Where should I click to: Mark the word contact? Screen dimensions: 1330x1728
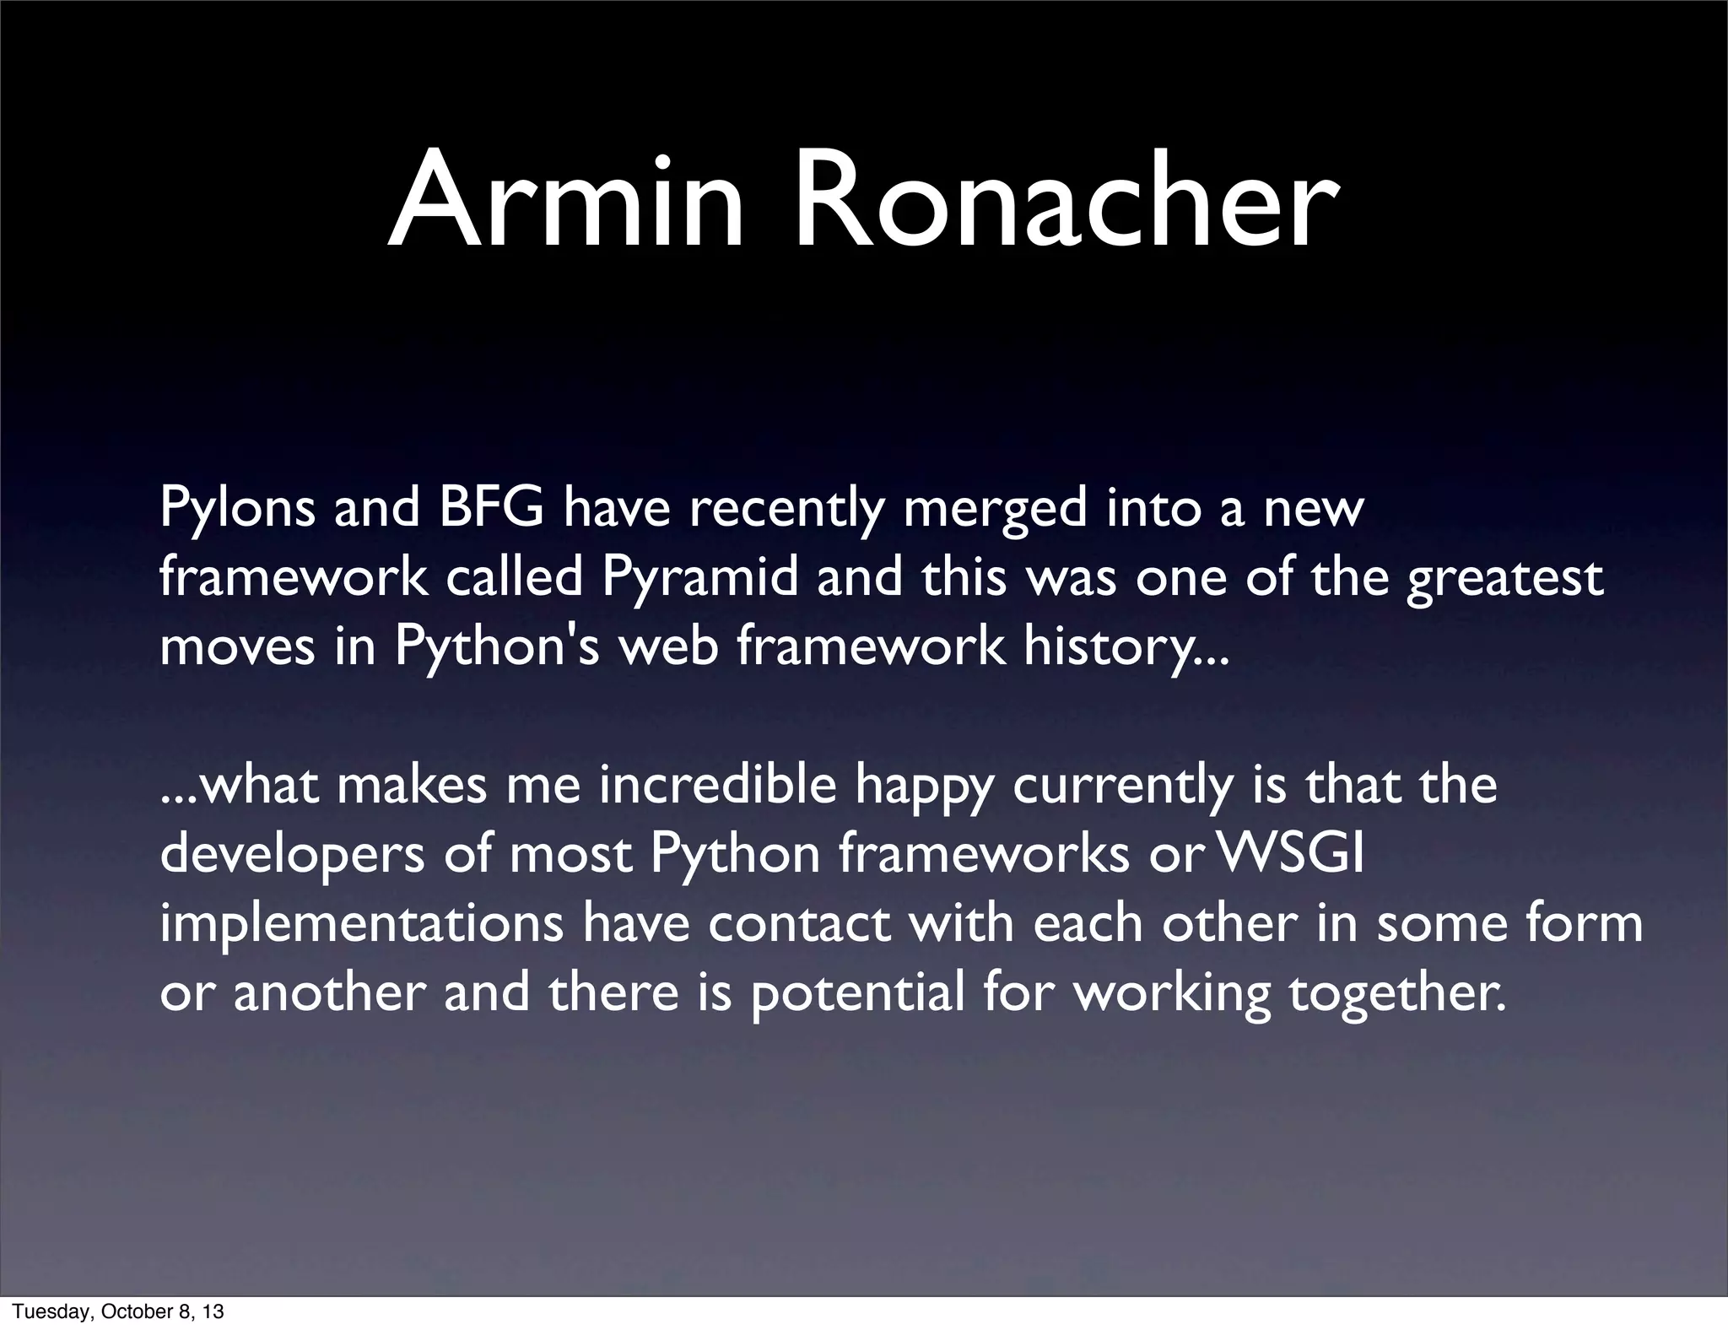point(799,924)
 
